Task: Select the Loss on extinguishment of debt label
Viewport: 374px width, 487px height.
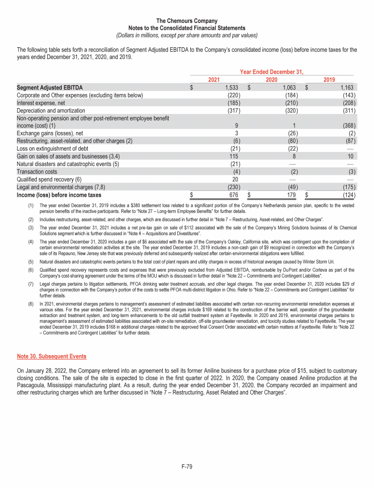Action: (53, 149)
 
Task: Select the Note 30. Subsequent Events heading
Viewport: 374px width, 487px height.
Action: (52, 356)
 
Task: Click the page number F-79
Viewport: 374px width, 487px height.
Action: (187, 467)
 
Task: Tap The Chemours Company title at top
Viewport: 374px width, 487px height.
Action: (187, 20)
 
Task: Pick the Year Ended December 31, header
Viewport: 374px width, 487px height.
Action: (272, 72)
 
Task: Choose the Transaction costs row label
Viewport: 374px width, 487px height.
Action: (37, 171)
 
